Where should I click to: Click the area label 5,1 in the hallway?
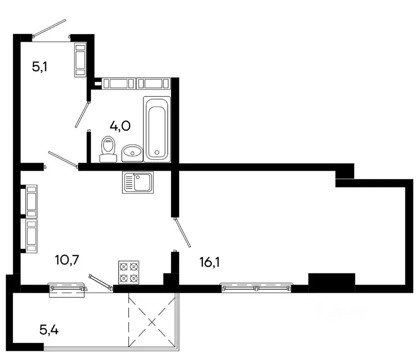pyautogui.click(x=40, y=67)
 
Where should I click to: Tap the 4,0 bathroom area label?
pyautogui.click(x=120, y=126)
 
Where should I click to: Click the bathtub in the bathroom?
pyautogui.click(x=156, y=128)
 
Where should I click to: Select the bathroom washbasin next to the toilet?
pyautogui.click(x=132, y=153)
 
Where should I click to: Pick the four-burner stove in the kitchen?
pyautogui.click(x=129, y=272)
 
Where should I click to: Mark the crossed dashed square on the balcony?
pyautogui.click(x=152, y=322)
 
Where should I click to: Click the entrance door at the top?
pyautogui.click(x=49, y=28)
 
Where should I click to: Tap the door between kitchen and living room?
pyautogui.click(x=182, y=232)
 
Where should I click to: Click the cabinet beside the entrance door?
pyautogui.click(x=80, y=60)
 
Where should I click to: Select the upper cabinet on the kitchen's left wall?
pyautogui.click(x=31, y=200)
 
